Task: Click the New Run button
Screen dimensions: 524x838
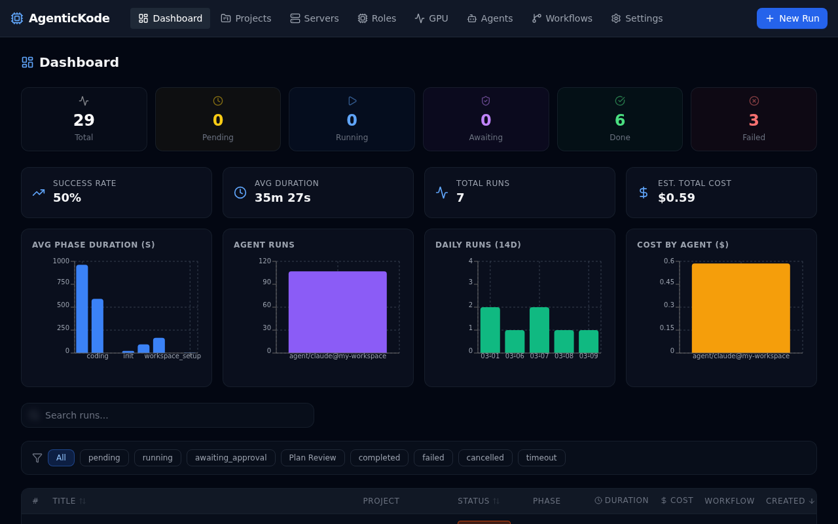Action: point(792,18)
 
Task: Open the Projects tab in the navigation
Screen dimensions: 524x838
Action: point(246,18)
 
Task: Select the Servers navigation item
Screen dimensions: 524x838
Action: point(314,18)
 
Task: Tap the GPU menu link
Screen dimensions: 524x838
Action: point(431,18)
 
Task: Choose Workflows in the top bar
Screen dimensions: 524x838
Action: point(562,18)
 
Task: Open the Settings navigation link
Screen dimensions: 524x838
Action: point(636,18)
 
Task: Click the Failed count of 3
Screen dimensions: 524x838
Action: point(754,121)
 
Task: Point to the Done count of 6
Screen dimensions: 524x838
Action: point(619,121)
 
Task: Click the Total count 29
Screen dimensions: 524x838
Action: point(84,121)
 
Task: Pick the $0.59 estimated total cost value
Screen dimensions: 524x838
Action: point(676,198)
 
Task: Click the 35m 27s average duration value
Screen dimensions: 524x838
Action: point(282,198)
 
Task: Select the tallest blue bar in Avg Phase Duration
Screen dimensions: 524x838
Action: point(82,309)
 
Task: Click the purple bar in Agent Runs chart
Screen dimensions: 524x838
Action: point(337,312)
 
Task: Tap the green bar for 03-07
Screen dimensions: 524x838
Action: point(539,330)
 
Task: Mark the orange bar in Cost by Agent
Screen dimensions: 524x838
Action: point(740,308)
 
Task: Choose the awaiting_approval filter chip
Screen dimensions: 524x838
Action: point(230,458)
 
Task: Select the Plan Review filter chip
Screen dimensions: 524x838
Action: point(312,458)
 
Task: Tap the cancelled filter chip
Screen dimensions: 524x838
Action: point(485,458)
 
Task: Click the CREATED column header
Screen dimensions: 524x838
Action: point(790,501)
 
